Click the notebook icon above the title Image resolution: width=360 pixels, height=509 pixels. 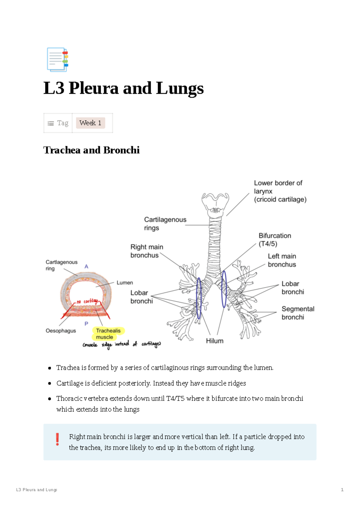(x=57, y=59)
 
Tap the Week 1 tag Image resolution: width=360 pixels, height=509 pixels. (x=90, y=123)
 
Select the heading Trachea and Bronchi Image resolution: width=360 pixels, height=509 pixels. (x=91, y=150)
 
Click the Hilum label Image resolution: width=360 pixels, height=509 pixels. (x=214, y=341)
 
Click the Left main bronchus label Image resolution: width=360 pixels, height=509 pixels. (x=282, y=260)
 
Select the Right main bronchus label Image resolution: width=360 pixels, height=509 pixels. (x=146, y=251)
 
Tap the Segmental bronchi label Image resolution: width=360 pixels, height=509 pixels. (x=297, y=313)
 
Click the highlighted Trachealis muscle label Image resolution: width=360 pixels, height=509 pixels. (x=108, y=334)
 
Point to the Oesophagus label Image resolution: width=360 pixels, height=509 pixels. (x=61, y=331)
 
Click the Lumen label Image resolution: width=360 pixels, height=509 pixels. (x=124, y=283)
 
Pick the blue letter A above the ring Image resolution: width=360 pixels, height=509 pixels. (x=86, y=267)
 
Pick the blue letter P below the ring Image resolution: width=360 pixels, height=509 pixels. (x=86, y=324)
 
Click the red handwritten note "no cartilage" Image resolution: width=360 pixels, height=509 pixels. (x=88, y=301)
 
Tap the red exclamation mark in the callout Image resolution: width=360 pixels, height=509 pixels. (x=57, y=439)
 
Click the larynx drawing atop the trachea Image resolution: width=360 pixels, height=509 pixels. (x=215, y=203)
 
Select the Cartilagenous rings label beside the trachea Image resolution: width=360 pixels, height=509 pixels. (x=165, y=224)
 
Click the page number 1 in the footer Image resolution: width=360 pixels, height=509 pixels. (x=342, y=490)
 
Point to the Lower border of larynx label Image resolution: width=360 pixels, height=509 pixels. (x=279, y=191)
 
